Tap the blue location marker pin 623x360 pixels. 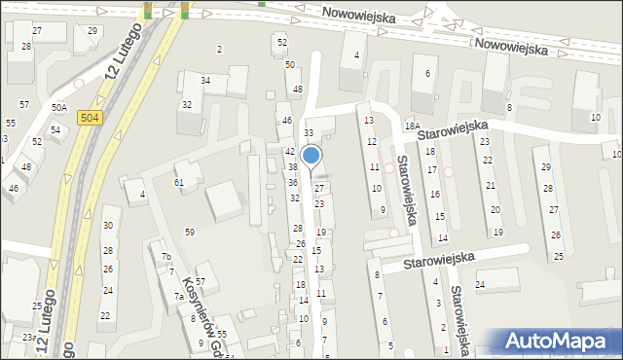coord(311,156)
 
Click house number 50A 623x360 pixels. coord(59,108)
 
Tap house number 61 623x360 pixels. coord(179,183)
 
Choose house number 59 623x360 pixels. coord(190,232)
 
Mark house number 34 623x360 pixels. coord(205,80)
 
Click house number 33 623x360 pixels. coord(309,132)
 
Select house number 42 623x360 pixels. coord(289,152)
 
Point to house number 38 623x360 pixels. coord(292,167)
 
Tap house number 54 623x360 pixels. coord(55,129)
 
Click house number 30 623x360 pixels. coord(108,225)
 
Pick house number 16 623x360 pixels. coord(435,195)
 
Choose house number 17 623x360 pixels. coord(432,170)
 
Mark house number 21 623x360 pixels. coord(491,185)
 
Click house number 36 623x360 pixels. coord(292,182)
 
